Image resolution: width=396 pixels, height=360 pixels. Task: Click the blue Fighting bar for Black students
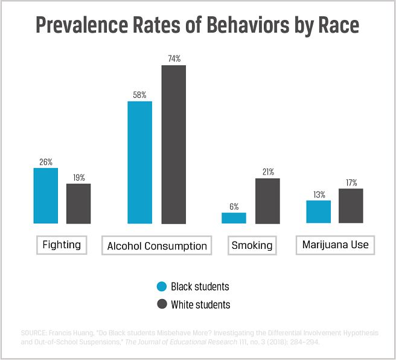point(46,196)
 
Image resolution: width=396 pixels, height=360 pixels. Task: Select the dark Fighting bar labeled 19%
point(78,204)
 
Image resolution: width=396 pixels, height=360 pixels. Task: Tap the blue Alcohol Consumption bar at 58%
point(139,162)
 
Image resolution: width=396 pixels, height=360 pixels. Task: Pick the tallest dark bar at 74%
point(173,144)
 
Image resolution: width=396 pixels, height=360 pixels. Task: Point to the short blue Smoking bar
point(234,218)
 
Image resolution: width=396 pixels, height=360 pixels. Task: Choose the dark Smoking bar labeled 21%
point(267,201)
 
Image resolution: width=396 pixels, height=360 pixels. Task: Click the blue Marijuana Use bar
point(319,211)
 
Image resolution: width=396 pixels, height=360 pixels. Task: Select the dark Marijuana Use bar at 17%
point(351,205)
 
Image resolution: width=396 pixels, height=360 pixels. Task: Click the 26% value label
point(46,162)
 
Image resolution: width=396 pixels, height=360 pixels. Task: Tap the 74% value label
point(173,59)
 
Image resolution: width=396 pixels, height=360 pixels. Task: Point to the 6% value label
point(234,206)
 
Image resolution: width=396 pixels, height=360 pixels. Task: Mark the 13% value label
point(319,194)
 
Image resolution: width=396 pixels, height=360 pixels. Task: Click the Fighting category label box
point(62,245)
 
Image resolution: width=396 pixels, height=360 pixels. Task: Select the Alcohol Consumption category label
point(157,246)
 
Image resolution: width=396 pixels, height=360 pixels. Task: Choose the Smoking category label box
point(252,245)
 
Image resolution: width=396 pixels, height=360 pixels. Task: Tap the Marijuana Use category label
point(335,245)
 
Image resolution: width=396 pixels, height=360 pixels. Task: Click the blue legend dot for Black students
point(161,286)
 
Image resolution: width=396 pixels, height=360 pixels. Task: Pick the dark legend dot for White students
point(161,304)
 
